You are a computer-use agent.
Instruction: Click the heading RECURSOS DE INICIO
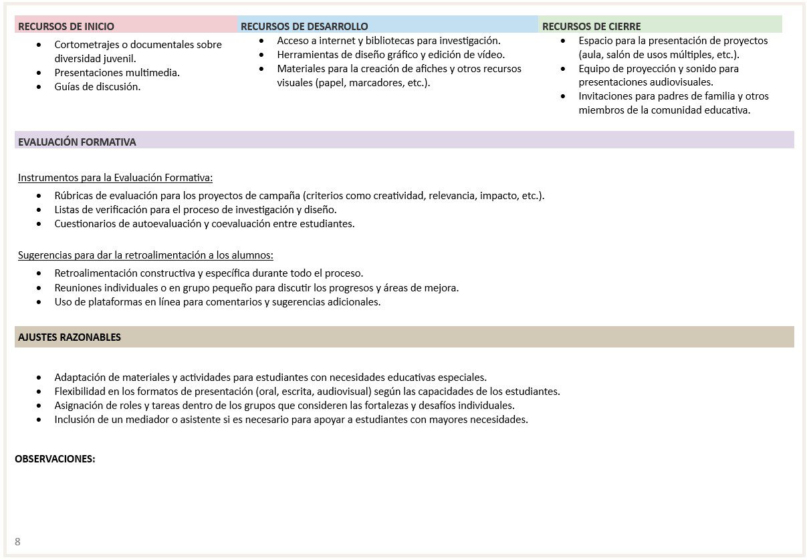[66, 27]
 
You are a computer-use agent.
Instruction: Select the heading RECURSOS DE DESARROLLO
[304, 27]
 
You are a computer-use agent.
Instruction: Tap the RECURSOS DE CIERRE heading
[591, 27]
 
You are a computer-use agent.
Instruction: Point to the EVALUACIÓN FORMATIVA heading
[77, 142]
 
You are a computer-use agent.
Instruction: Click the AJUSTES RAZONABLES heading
[70, 337]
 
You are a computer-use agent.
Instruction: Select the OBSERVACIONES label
[55, 458]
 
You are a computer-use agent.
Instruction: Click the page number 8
[17, 541]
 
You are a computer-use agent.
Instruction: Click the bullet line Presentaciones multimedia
[117, 72]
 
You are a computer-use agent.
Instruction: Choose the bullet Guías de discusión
[98, 86]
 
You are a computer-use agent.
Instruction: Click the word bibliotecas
[386, 41]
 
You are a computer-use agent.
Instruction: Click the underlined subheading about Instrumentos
[115, 178]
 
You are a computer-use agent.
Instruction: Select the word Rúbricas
[75, 196]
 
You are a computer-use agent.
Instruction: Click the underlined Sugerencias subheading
[145, 255]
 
